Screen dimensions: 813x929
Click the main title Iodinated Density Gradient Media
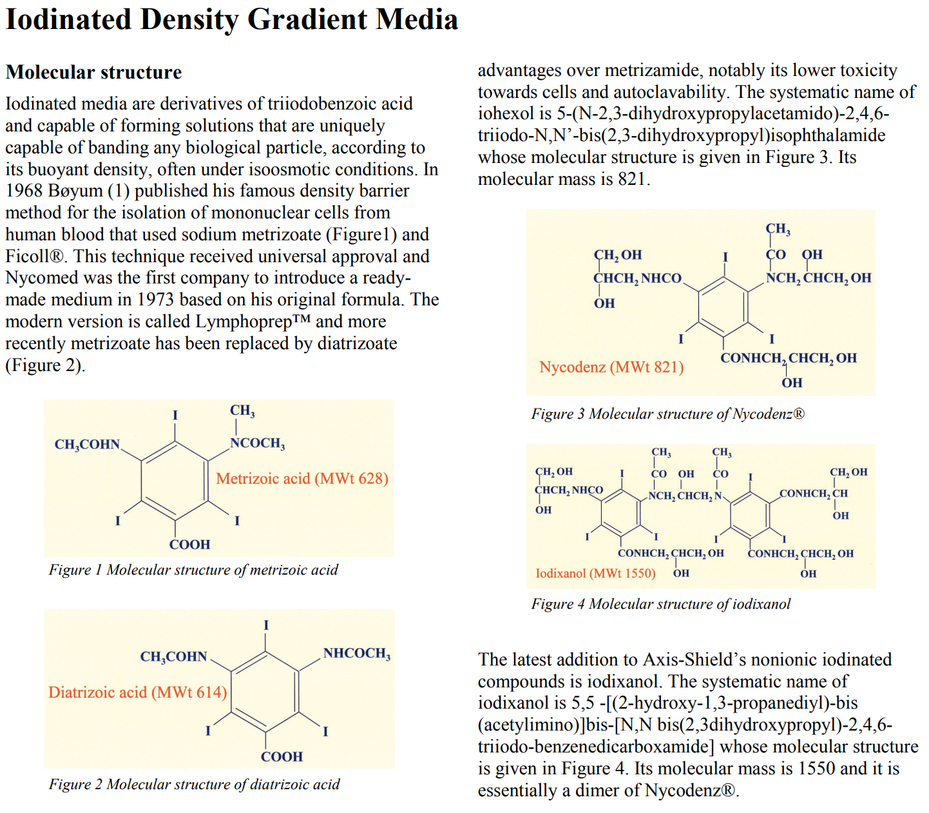232,19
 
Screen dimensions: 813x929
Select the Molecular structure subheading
94,72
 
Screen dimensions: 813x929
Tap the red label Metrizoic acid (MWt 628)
302,479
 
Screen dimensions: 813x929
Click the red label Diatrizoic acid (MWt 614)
137,693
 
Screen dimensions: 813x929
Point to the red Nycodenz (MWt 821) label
611,367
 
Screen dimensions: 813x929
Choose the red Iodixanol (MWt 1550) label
595,573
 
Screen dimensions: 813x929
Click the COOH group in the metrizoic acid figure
189,545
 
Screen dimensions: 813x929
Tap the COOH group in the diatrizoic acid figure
282,757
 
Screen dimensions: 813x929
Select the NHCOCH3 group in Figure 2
356,654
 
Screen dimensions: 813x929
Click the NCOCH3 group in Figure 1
257,443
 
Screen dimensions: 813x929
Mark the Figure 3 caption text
667,414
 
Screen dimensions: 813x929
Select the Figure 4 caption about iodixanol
660,604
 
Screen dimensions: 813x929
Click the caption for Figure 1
193,570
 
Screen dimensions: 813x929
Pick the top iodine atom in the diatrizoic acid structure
266,626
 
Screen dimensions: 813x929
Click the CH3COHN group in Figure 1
87,445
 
